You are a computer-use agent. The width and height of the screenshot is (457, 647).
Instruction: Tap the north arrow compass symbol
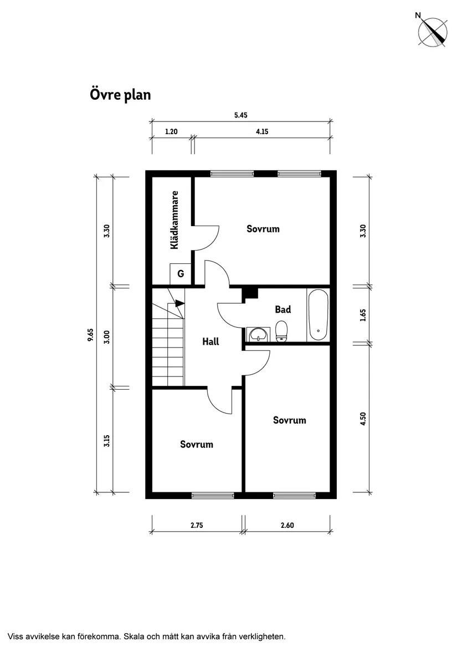pyautogui.click(x=433, y=30)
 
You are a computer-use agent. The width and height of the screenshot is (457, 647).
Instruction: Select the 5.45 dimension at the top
pyautogui.click(x=240, y=115)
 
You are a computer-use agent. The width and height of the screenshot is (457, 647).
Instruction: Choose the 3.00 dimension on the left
pyautogui.click(x=107, y=337)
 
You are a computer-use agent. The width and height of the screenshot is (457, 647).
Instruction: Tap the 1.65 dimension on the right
pyautogui.click(x=363, y=315)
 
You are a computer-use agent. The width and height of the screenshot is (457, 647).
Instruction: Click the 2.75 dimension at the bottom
pyautogui.click(x=197, y=526)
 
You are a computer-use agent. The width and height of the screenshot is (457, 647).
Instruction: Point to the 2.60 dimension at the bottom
pyautogui.click(x=287, y=526)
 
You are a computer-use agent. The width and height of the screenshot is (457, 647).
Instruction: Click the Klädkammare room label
pyautogui.click(x=174, y=220)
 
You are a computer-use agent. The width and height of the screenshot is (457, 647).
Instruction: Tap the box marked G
pyautogui.click(x=181, y=273)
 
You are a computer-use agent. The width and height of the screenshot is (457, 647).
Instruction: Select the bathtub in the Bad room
pyautogui.click(x=318, y=315)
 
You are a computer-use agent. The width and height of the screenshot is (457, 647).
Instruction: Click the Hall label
pyautogui.click(x=210, y=342)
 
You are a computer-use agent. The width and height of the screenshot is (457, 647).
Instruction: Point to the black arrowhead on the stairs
pyautogui.click(x=179, y=303)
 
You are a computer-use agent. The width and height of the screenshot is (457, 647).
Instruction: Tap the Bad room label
pyautogui.click(x=283, y=309)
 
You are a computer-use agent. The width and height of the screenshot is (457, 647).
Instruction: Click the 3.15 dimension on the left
pyautogui.click(x=107, y=440)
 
